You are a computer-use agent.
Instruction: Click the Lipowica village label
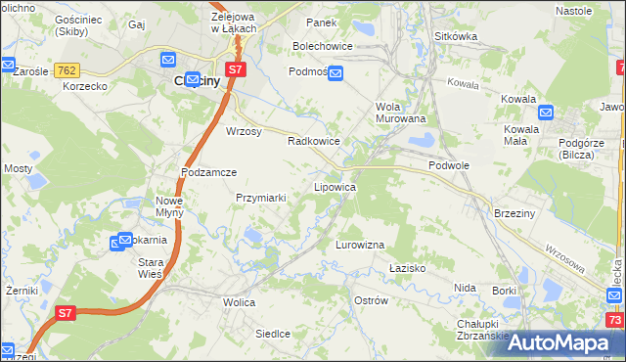pos(334,186)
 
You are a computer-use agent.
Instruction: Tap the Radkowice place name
pos(313,141)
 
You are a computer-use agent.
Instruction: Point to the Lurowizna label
pos(360,244)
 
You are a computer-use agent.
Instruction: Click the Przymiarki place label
pos(260,198)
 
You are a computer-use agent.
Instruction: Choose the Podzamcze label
pos(209,171)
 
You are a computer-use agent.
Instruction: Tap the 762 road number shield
pos(67,70)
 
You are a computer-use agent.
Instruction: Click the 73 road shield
pos(614,320)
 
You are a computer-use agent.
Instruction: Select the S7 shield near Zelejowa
pos(235,69)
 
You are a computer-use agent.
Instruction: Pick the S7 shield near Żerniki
pos(65,313)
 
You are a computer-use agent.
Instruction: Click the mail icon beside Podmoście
pos(335,73)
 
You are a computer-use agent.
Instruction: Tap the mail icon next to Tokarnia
pos(124,240)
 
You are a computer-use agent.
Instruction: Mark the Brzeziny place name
pos(513,213)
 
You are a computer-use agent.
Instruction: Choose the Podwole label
pos(449,165)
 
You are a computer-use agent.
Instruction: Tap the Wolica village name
pos(239,302)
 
